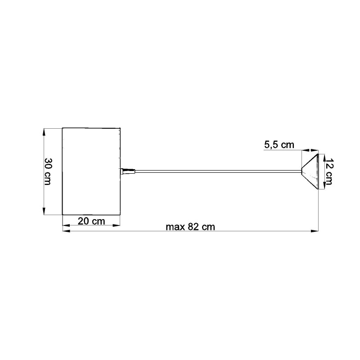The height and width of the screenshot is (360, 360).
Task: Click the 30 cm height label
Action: [x=47, y=171]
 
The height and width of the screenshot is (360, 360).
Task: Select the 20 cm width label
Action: [x=91, y=221]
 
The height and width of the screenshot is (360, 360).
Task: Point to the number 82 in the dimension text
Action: [x=193, y=227]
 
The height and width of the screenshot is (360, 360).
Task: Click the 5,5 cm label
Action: [x=279, y=144]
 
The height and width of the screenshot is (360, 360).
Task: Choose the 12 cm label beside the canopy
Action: [x=328, y=171]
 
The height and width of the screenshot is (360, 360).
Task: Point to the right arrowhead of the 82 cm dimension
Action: [x=315, y=231]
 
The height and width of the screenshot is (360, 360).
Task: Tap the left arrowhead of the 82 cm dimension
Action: [x=65, y=231]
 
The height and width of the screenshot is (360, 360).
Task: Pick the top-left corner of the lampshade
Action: [x=62, y=128]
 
